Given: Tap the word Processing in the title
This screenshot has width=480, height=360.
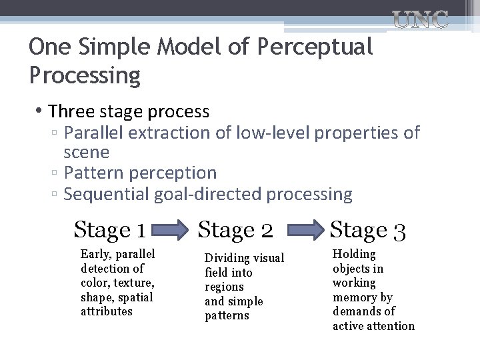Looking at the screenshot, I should pos(85,75).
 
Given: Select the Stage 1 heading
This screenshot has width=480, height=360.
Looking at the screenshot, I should pos(110,230).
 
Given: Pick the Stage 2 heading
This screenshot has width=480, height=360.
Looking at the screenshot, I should pos(236,230).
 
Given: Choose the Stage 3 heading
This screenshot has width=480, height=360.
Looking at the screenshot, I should pos(368,230).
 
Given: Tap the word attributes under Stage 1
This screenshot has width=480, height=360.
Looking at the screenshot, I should pos(107,311).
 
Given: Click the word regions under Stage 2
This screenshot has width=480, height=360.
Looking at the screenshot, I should pos(225,287).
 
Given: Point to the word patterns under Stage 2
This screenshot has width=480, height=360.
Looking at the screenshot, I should pos(227,315).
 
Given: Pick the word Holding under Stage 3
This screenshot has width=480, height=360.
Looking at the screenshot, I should pos(355,254).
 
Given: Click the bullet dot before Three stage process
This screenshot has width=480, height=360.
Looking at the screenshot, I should pos(41,111).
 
